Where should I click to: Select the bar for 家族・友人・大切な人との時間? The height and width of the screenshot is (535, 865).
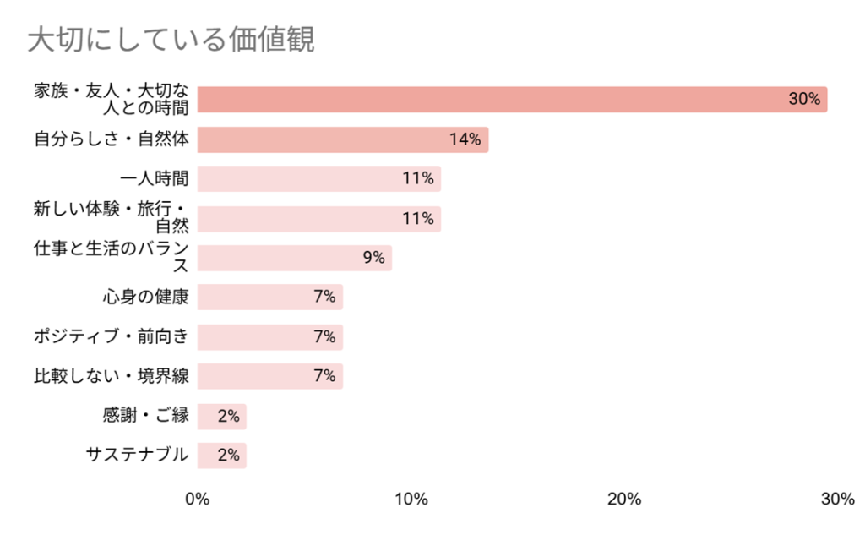point(512,99)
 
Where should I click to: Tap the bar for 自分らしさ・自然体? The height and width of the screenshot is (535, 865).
point(343,139)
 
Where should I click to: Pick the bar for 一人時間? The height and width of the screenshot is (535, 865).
point(319,178)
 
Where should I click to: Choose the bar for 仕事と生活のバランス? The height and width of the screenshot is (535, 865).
point(295,258)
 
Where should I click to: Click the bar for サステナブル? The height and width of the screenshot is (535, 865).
point(222,455)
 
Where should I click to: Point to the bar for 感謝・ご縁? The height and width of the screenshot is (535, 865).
point(222,416)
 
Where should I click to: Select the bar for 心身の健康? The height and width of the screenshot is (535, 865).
point(270,297)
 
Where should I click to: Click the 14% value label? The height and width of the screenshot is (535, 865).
point(465,140)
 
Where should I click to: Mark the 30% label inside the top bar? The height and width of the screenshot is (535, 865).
point(804,99)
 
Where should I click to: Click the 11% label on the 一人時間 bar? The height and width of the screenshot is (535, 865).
point(418,178)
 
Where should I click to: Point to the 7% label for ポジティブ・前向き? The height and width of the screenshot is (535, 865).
point(324,336)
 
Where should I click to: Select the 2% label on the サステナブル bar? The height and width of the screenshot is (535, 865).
point(228,455)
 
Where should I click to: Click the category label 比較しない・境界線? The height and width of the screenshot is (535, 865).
point(112,376)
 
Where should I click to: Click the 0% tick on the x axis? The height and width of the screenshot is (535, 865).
point(198,500)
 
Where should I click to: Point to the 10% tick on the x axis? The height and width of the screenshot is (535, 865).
point(411,500)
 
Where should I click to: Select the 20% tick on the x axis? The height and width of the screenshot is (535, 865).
point(624,500)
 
